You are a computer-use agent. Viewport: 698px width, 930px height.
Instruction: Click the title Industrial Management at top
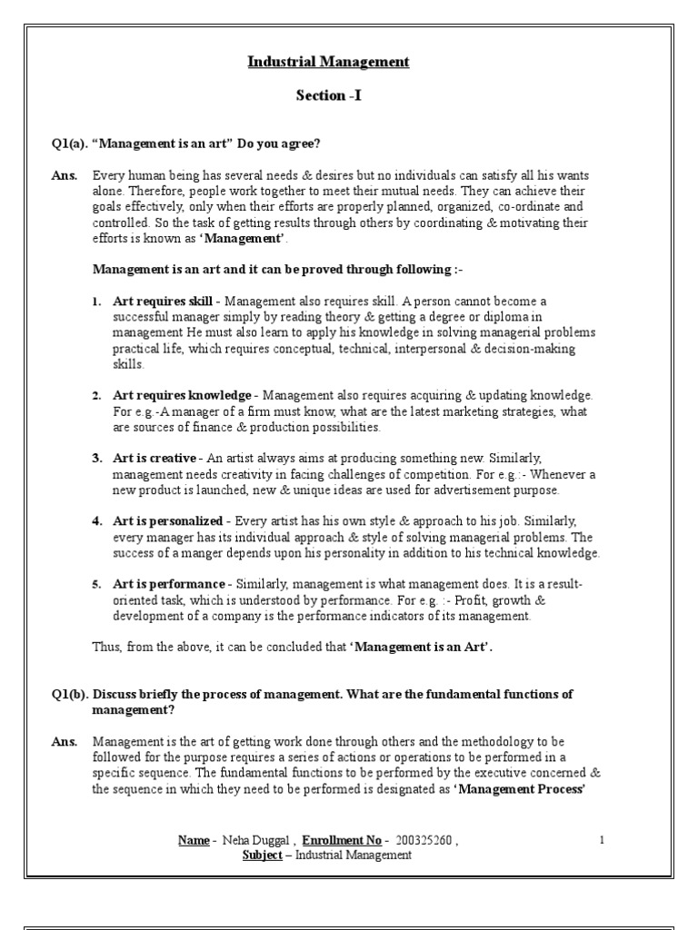pos(329,62)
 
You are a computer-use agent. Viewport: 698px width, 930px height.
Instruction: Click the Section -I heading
pos(329,94)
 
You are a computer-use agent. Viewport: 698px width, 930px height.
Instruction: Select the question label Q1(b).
pos(69,694)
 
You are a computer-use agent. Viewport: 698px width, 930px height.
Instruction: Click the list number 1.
pos(96,301)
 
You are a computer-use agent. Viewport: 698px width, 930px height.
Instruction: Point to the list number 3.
pos(96,458)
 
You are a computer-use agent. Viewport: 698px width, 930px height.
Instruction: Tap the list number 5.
pos(96,584)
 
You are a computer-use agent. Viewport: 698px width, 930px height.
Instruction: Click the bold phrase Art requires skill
pos(163,301)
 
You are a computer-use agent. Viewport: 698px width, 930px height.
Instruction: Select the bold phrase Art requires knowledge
pos(182,396)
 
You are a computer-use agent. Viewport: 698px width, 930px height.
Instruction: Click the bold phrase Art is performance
pos(168,584)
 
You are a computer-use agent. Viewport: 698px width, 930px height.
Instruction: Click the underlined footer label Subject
pos(262,856)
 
